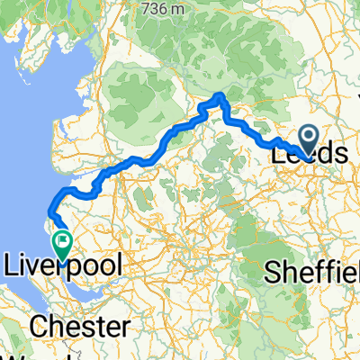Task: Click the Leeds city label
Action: pos(309,154)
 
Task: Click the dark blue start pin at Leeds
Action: pos(308,139)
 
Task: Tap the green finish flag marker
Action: pos(62,241)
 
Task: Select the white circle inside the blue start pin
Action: pos(308,137)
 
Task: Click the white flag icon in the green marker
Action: pos(62,239)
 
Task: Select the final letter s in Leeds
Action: pos(339,154)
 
